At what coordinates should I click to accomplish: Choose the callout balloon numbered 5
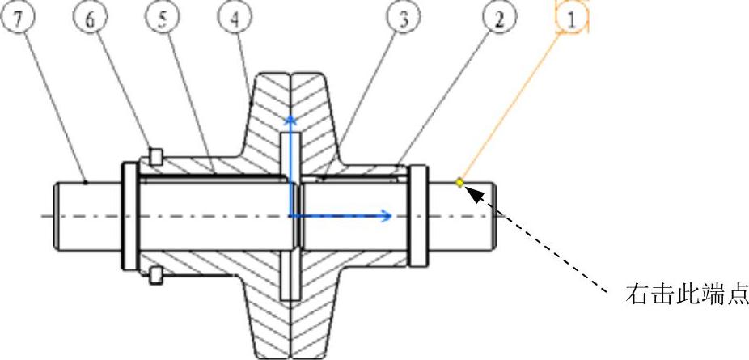(162, 18)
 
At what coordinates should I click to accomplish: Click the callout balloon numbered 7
(19, 18)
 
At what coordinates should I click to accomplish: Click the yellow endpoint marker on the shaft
(459, 182)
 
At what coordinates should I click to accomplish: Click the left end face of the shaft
(56, 215)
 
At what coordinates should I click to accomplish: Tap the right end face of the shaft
(496, 215)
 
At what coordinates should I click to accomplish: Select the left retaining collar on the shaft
(128, 215)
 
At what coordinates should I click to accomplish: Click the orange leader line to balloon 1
(514, 102)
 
